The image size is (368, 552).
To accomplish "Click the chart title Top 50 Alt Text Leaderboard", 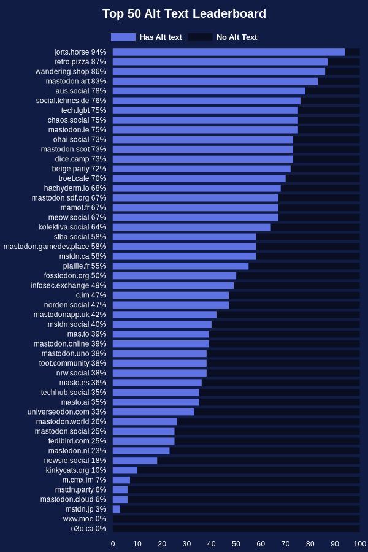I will tap(184, 14).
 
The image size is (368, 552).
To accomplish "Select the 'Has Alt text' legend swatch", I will tap(123, 37).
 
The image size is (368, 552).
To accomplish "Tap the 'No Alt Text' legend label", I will tap(237, 37).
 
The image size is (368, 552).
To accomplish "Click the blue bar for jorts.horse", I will tap(228, 52).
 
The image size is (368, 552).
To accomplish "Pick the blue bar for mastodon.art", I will tap(215, 82).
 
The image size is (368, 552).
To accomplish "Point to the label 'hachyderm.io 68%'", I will tap(75, 188).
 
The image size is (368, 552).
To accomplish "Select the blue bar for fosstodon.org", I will tap(174, 276).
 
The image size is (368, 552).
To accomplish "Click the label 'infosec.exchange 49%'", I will tap(68, 286).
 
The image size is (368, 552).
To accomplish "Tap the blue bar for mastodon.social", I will tap(144, 432).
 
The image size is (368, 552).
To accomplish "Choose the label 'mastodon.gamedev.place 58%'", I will tap(55, 247).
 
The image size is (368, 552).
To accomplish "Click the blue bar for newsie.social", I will tap(135, 461).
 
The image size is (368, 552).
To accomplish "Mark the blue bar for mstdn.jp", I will tap(117, 509).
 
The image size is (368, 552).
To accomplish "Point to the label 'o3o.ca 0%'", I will tap(88, 529).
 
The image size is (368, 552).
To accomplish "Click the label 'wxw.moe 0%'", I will tap(85, 519).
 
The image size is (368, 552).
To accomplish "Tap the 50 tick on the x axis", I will tap(236, 544).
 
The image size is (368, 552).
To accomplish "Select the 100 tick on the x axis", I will tap(359, 544).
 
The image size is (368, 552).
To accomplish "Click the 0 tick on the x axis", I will tap(113, 544).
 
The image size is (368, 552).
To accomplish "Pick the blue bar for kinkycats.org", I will tap(125, 470).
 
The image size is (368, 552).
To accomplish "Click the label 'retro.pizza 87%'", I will tap(80, 62).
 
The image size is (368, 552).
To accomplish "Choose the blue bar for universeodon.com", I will tap(153, 412).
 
